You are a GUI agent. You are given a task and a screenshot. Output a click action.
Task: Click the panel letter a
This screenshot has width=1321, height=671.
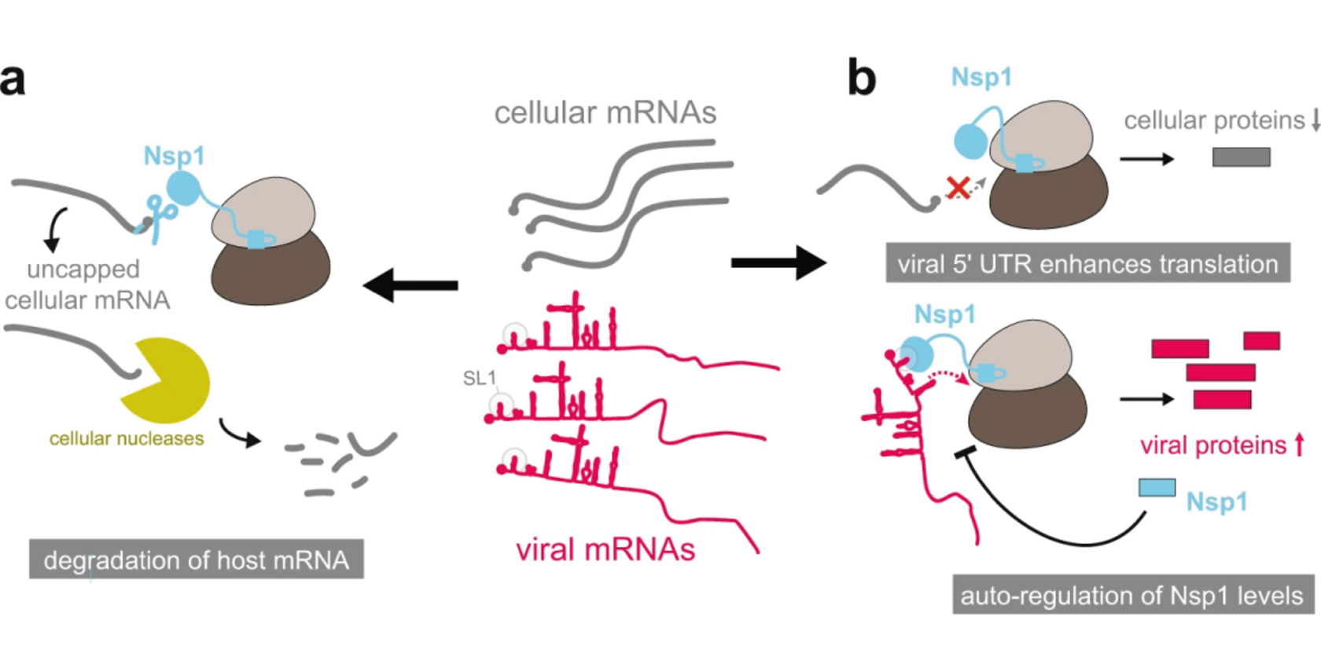pyautogui.click(x=13, y=79)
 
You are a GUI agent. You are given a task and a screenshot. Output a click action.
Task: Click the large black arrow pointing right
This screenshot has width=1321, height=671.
pyautogui.click(x=778, y=262)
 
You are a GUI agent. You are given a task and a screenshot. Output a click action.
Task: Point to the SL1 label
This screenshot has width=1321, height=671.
pyautogui.click(x=479, y=379)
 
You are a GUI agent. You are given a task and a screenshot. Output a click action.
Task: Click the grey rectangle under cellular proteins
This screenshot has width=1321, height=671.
pyautogui.click(x=1241, y=157)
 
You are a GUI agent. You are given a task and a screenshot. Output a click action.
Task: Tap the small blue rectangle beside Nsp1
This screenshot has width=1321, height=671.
pyautogui.click(x=1157, y=488)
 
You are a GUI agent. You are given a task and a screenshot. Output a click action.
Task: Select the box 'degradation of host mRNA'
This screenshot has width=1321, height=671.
pyautogui.click(x=196, y=559)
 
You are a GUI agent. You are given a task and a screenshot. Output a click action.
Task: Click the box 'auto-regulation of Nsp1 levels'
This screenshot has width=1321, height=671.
pyautogui.click(x=1132, y=595)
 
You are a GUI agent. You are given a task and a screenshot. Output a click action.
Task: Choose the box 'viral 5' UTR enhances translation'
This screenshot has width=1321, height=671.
pyautogui.click(x=1087, y=264)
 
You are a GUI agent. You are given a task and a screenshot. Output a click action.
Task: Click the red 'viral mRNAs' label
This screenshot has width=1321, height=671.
pyautogui.click(x=605, y=549)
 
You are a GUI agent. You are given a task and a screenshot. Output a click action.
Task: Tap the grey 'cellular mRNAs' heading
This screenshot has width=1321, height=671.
pyautogui.click(x=605, y=113)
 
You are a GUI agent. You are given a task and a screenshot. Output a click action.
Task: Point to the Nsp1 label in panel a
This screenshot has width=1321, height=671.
pyautogui.click(x=174, y=156)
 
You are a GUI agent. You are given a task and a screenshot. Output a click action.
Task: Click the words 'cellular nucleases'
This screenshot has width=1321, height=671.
pyautogui.click(x=126, y=438)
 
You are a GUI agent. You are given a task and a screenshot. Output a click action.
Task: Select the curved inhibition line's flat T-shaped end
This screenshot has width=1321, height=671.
pyautogui.click(x=965, y=453)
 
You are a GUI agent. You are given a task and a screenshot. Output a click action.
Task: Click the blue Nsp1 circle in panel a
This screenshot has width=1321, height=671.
pyautogui.click(x=183, y=189)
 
